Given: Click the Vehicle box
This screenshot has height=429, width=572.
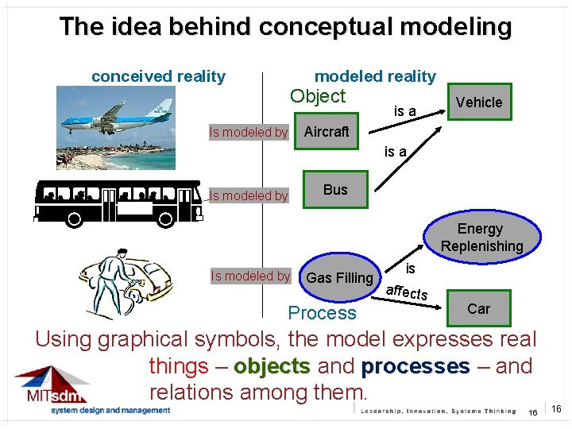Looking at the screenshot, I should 479,102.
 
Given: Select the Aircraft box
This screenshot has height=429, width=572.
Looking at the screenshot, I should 327,132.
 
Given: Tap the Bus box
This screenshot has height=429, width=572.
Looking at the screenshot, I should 335,190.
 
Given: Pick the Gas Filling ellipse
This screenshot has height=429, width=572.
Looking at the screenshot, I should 339,277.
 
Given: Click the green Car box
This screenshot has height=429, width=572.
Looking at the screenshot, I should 478,308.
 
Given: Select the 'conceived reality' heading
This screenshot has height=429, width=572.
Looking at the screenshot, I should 158,76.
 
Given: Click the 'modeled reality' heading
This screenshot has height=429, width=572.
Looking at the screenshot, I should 375,76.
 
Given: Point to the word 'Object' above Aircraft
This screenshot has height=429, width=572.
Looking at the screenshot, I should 318,97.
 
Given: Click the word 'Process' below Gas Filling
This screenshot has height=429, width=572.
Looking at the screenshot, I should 322,313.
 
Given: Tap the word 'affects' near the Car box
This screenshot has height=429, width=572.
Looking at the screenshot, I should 407,292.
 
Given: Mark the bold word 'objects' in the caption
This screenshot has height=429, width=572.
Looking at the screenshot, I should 271,366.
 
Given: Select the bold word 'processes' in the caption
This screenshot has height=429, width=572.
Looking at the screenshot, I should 415,366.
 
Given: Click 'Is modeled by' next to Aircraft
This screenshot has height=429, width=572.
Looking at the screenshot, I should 248,133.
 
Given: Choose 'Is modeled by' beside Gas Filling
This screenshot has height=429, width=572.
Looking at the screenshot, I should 250,276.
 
